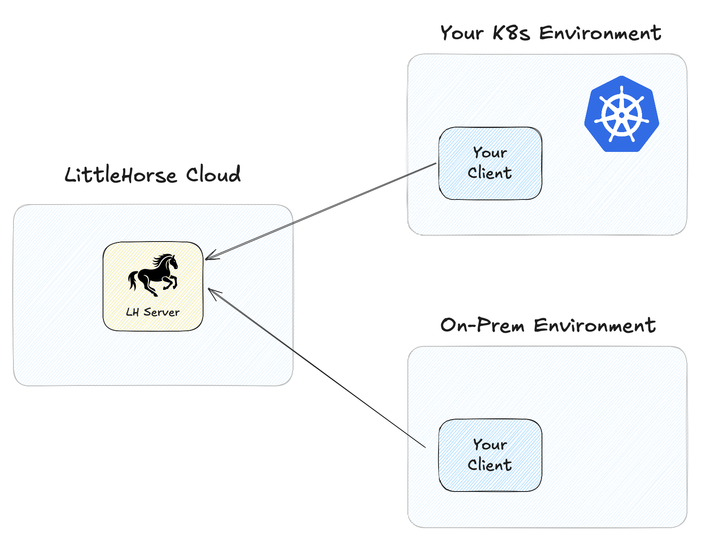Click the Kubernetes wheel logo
click(621, 114)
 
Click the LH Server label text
click(153, 312)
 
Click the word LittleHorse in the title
click(120, 175)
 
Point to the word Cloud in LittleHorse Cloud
click(213, 174)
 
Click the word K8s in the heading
click(510, 33)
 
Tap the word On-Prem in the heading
click(482, 325)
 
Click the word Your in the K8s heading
click(462, 33)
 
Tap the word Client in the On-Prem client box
click(489, 465)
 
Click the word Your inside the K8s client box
click(490, 152)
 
